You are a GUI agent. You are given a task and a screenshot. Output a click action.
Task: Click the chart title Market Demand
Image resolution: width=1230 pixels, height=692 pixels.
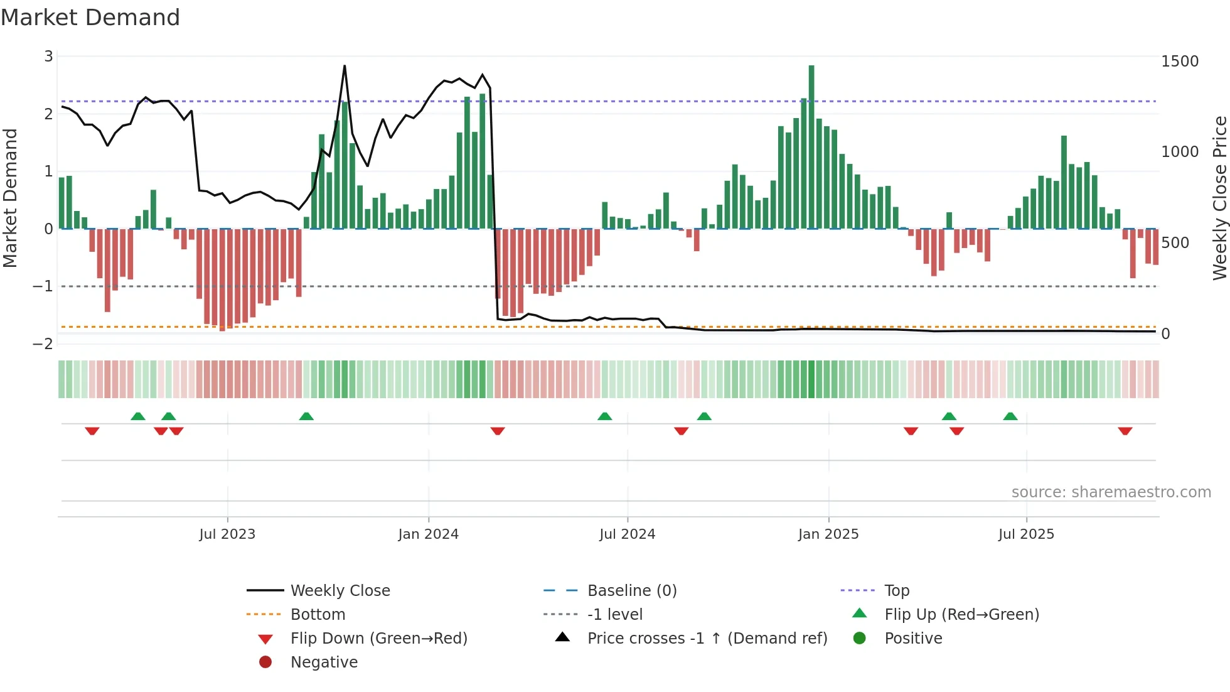coord(90,18)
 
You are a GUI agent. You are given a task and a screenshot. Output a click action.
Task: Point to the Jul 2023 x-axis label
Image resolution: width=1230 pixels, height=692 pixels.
coord(227,534)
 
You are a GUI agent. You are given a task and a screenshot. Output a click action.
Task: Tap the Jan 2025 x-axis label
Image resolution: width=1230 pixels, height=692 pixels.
coord(828,534)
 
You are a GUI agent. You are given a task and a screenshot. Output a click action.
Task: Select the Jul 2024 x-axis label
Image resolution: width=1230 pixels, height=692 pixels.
coord(627,534)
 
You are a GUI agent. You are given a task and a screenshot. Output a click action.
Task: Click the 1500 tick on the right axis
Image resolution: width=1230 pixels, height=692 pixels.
coord(1179,62)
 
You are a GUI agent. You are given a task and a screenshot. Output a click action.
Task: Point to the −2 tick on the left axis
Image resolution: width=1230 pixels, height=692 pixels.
coord(43,343)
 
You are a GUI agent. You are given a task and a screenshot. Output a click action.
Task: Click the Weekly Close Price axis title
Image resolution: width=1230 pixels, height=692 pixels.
coord(1219,198)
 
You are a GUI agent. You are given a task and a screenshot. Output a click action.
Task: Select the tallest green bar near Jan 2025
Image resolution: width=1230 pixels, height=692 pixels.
coord(811,146)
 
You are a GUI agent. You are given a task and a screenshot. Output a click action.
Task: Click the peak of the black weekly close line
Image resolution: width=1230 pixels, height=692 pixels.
coord(345,66)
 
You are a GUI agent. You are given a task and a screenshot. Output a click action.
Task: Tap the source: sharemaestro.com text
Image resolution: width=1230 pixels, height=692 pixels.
coord(1111,492)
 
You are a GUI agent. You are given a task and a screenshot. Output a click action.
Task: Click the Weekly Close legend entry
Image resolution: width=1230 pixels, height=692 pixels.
coord(340,591)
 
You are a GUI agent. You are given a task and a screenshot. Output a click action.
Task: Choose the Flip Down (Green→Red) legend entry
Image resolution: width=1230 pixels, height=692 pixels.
coord(378,639)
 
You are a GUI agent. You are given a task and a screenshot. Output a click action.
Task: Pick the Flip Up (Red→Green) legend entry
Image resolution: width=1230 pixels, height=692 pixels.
coord(961,615)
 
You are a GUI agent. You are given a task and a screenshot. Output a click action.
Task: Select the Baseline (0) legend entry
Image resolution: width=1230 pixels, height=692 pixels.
coord(631,591)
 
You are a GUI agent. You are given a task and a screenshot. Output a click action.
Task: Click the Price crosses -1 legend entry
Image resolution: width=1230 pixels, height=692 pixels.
coord(707,639)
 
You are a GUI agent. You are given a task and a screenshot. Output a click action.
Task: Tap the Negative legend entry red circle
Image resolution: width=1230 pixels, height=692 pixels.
coord(265,662)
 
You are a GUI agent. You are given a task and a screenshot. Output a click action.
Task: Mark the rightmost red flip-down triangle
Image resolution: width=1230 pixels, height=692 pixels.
coord(1125,431)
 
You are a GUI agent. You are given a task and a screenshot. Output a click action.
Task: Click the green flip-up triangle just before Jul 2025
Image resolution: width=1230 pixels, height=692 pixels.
coord(1010,416)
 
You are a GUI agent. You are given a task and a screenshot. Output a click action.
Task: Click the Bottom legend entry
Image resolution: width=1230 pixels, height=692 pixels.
coord(318,615)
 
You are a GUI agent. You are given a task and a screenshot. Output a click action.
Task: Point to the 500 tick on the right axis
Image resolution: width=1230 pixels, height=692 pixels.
coord(1175,243)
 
